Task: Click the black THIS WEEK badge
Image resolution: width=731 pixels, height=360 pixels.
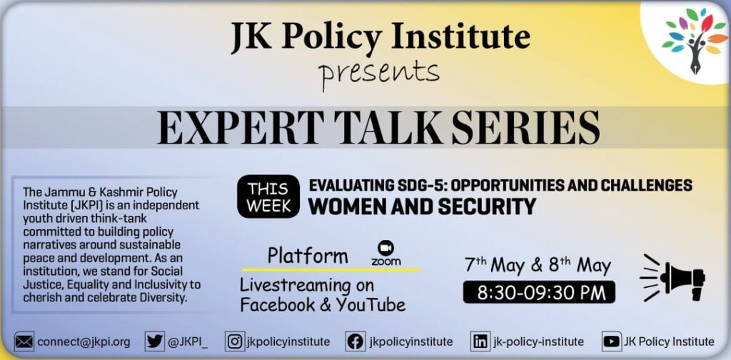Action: coord(268,196)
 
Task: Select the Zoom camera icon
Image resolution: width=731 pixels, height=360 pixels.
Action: coord(386,248)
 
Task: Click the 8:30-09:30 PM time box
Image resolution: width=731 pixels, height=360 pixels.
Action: coord(539,292)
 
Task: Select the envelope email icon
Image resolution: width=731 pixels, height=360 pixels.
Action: coord(24,342)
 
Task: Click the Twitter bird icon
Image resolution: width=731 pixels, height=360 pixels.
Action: coord(154,342)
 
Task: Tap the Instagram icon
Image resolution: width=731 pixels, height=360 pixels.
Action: coord(234,342)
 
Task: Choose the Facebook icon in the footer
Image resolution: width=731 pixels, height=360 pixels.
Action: coord(356,342)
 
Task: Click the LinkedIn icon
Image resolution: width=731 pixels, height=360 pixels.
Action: coord(480,342)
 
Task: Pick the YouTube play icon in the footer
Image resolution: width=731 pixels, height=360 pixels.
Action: coord(611,342)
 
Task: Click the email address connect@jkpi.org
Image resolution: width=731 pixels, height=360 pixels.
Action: coord(84,342)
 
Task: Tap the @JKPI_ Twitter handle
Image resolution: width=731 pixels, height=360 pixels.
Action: coord(188,342)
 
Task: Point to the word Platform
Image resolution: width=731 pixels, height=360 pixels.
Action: coord(308,256)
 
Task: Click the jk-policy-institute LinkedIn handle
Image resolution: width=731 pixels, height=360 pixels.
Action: coord(538,342)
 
